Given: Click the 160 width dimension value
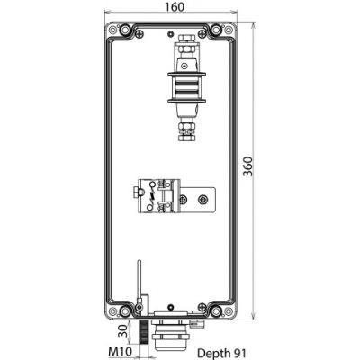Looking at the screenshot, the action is pos(175,6).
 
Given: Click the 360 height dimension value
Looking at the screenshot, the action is pos(247,166).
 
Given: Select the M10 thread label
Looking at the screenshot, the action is pos(120,351).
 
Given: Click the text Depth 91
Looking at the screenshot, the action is pos(221,353).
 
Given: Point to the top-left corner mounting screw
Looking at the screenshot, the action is pos(125,30).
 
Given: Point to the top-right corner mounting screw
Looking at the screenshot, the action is pos(215,30).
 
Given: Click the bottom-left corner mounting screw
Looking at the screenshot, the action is pos(125,311).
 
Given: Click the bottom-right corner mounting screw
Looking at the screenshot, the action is pos(216,311).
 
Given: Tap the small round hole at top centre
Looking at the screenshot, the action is pos(171,33).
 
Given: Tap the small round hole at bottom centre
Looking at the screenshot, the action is pos(171,307).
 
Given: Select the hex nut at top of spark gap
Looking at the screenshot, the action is pos(187,38).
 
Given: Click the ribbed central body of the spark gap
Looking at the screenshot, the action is pos(186,87).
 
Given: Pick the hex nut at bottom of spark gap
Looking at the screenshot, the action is pos(187,138).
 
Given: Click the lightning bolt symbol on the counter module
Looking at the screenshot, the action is pos(152,196).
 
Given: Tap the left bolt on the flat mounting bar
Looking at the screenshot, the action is pos(183,199).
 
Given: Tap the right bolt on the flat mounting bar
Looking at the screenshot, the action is pos(203,199).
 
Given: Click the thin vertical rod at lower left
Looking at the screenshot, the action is pos(139,280).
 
